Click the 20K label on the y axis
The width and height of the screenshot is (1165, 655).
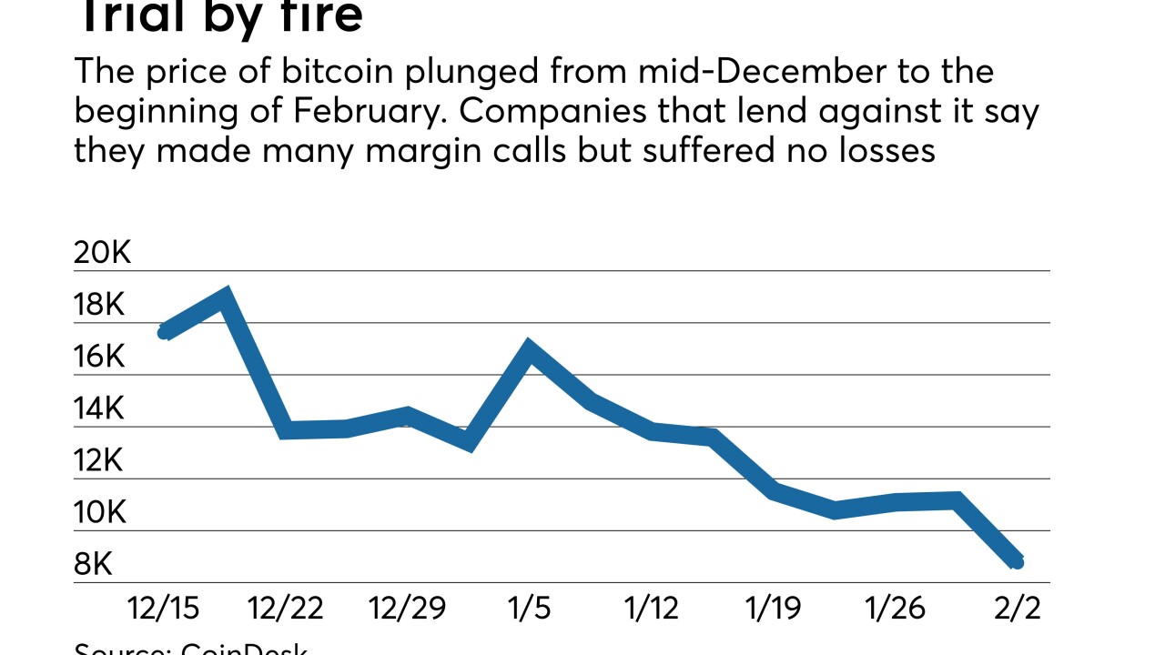(102, 253)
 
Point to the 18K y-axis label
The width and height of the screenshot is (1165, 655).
(98, 305)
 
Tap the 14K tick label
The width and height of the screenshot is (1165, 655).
(98, 409)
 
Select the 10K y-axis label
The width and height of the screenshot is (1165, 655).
(98, 513)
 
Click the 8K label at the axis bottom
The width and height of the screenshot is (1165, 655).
(93, 565)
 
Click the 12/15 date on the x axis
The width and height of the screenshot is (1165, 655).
(164, 608)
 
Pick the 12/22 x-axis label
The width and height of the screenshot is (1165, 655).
(286, 608)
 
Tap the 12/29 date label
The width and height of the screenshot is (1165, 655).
(408, 608)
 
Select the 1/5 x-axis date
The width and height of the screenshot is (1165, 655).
(529, 608)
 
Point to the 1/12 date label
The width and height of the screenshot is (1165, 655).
(650, 608)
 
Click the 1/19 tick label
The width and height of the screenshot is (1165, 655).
(773, 608)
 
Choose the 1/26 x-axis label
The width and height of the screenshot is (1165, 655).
(895, 608)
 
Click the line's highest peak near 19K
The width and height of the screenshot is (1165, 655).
(225, 295)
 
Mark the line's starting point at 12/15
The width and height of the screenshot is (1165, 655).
(165, 332)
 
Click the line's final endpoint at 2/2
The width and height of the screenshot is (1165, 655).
(1017, 562)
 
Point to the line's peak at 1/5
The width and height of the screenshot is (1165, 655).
(529, 347)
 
